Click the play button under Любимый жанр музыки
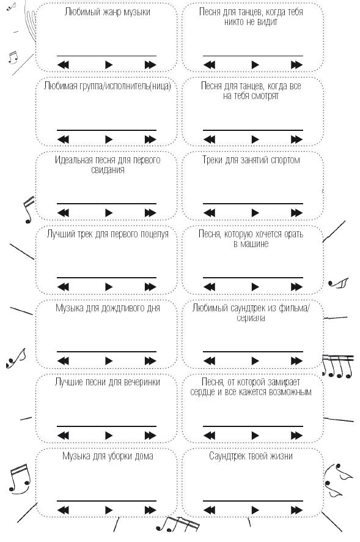(x=109, y=65)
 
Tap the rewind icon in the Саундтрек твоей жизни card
(x=210, y=510)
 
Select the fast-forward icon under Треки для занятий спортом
(x=296, y=213)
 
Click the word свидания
(x=108, y=169)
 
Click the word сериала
(x=251, y=318)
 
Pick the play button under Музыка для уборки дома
(x=109, y=510)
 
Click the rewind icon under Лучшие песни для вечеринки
(x=63, y=435)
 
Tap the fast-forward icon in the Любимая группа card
(x=150, y=139)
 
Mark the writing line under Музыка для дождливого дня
(x=107, y=352)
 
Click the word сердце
(x=202, y=392)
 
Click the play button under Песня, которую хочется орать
(x=255, y=286)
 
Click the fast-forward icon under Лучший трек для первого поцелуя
(x=150, y=286)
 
